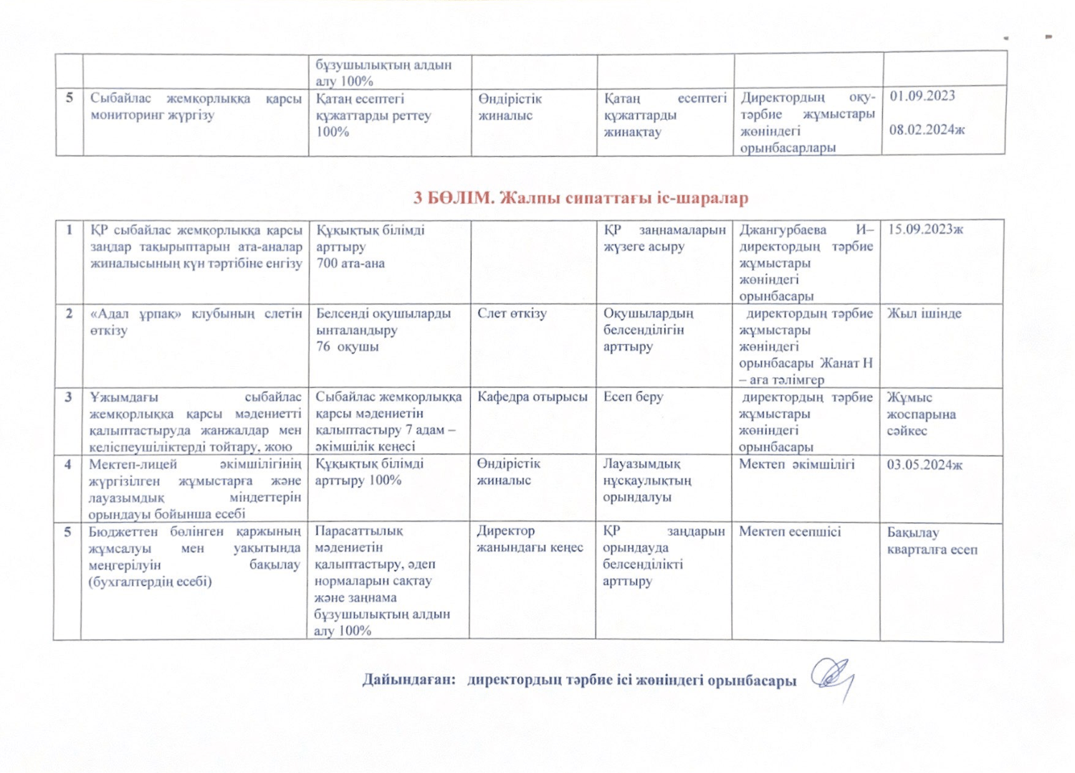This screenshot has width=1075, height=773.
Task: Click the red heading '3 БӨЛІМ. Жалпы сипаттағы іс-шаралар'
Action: click(580, 198)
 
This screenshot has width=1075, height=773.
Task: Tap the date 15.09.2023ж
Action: click(925, 229)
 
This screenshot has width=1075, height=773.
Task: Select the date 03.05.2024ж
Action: click(924, 465)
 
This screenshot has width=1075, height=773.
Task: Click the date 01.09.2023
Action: click(922, 96)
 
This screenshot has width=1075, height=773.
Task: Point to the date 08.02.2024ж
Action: click(927, 130)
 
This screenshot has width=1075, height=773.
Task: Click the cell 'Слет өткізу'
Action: click(512, 313)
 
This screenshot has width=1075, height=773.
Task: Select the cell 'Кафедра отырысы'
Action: click(532, 397)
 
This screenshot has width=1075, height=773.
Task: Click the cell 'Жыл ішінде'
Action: click(924, 313)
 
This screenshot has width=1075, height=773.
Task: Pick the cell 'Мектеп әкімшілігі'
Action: click(796, 464)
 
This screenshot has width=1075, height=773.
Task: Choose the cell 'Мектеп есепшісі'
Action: click(790, 532)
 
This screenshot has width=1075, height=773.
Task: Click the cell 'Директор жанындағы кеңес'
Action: click(530, 539)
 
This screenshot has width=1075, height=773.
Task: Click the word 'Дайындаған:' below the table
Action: click(408, 680)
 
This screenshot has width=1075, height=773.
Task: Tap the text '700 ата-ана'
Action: click(350, 263)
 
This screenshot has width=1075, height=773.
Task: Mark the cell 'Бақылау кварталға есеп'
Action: click(932, 541)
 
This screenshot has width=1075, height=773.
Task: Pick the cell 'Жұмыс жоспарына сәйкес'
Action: click(921, 414)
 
